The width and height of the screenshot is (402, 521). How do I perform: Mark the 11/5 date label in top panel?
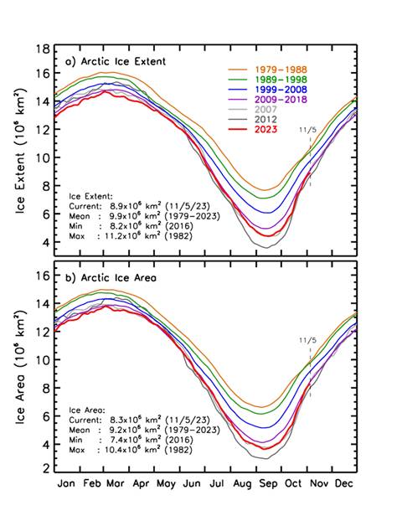coord(307,131)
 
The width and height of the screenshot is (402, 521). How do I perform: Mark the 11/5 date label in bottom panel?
coord(308,340)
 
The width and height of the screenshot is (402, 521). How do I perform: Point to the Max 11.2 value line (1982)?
coord(134,236)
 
